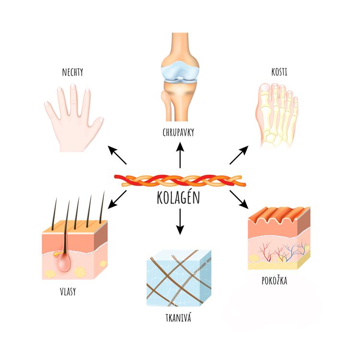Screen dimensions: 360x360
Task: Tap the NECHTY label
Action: (x=73, y=73)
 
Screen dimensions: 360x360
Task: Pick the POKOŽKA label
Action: (x=275, y=281)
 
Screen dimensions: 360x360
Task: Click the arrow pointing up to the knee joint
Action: (x=180, y=155)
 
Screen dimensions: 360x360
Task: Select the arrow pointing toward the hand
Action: (x=118, y=155)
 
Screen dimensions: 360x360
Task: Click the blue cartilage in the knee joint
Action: (x=179, y=70)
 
